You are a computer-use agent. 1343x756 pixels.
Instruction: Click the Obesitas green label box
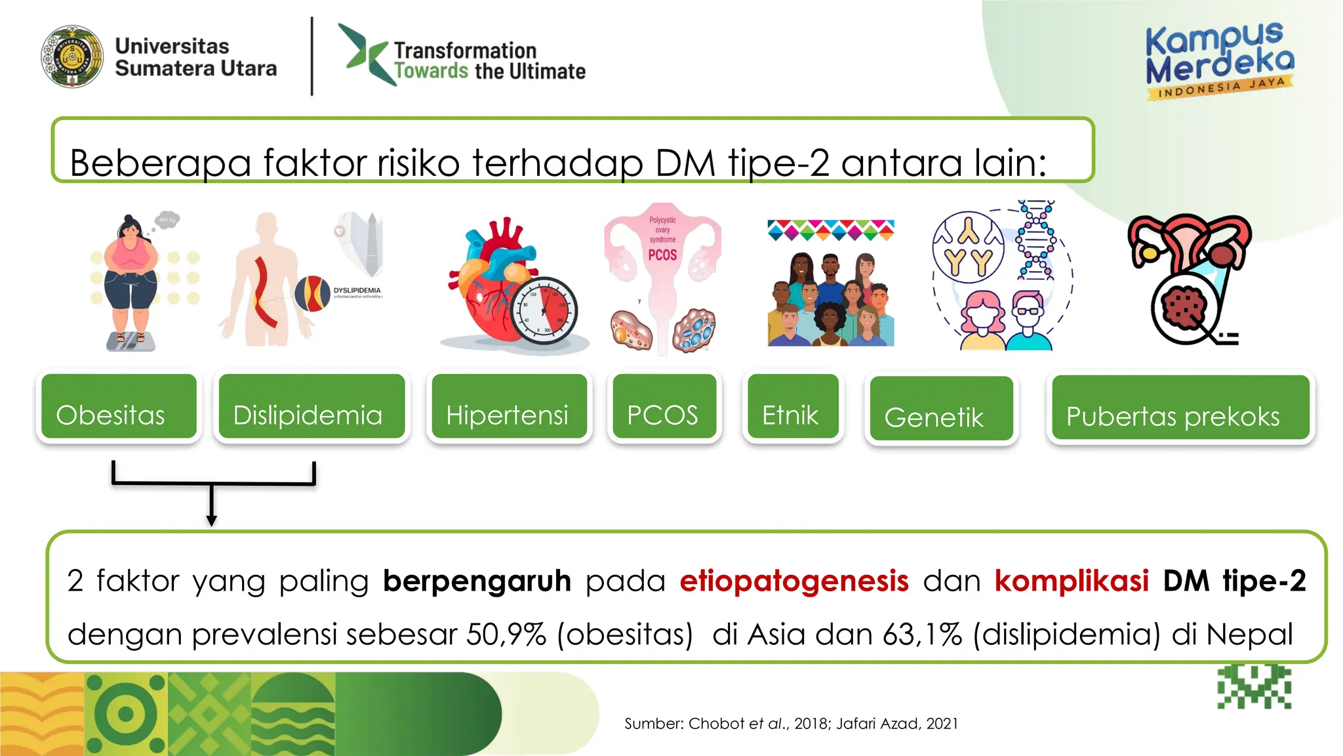pyautogui.click(x=119, y=406)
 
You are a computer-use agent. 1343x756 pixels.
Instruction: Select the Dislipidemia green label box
pyautogui.click(x=311, y=406)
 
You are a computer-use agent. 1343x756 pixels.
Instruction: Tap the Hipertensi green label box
pyautogui.click(x=509, y=406)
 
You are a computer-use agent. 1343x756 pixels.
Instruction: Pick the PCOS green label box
pyautogui.click(x=664, y=406)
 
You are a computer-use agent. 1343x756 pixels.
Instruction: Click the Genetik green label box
pyautogui.click(x=941, y=408)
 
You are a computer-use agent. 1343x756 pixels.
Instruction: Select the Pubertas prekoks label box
pyautogui.click(x=1180, y=408)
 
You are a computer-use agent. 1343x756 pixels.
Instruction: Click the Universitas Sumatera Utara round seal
pyautogui.click(x=72, y=57)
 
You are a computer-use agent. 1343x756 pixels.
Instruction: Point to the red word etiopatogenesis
pyautogui.click(x=794, y=581)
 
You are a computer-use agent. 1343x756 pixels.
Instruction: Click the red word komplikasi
pyautogui.click(x=1072, y=581)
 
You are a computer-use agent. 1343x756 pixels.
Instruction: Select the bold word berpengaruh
pyautogui.click(x=477, y=581)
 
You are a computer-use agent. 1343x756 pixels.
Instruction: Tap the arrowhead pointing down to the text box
pyautogui.click(x=211, y=520)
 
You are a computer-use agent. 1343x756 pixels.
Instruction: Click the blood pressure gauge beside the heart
pyautogui.click(x=544, y=310)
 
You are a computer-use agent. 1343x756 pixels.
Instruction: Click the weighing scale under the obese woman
pyautogui.click(x=131, y=341)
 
